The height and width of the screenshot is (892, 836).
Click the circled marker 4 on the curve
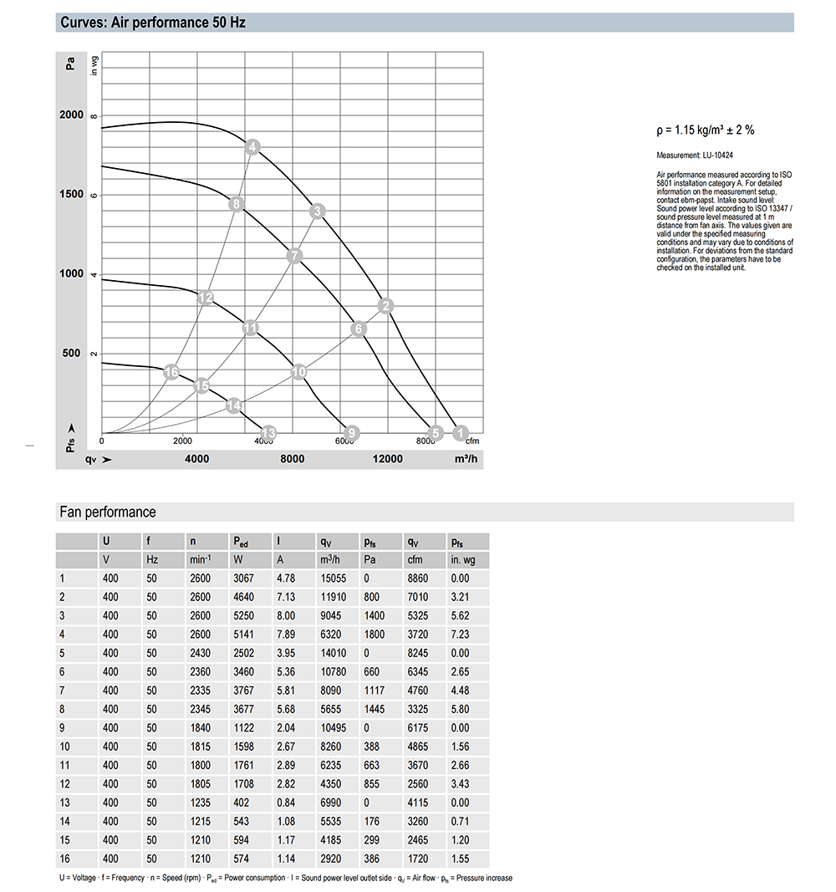coord(253,148)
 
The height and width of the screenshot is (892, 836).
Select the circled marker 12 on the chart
coord(206,298)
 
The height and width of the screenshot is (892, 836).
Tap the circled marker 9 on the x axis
coord(352,432)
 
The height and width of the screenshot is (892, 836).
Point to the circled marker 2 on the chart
coord(385,306)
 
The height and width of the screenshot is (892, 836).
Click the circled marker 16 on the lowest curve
coord(172,372)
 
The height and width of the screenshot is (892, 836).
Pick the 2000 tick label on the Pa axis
coord(72,115)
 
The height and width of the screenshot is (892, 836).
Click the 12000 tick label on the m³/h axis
coord(387,459)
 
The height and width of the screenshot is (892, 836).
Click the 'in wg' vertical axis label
coord(94,65)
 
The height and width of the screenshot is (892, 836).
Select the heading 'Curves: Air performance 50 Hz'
coord(153,23)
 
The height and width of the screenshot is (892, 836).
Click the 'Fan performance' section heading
coord(108,512)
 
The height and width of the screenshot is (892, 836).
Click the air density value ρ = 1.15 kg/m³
coord(706,130)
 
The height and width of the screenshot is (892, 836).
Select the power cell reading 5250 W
coord(244,616)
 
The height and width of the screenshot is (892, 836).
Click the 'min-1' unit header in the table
coord(201,559)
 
